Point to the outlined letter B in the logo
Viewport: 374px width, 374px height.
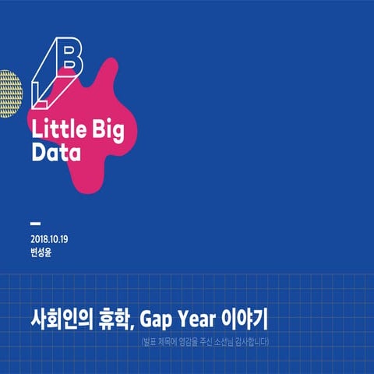[x=68, y=56]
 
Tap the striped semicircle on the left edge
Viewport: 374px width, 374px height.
[x=8, y=93]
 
